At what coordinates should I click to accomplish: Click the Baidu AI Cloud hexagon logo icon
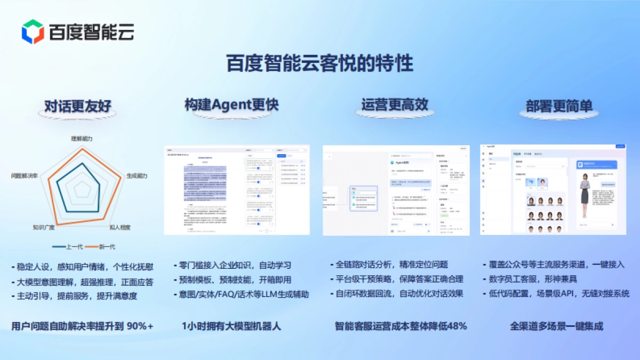click(x=33, y=31)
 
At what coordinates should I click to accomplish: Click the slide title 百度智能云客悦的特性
click(x=319, y=64)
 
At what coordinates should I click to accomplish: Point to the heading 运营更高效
click(x=394, y=105)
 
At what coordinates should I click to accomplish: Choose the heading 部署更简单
click(x=556, y=106)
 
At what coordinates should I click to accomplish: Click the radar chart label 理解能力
click(x=82, y=138)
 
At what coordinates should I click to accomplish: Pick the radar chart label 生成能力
click(x=137, y=175)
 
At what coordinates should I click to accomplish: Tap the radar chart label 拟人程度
click(x=119, y=227)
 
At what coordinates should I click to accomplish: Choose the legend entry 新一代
click(x=105, y=246)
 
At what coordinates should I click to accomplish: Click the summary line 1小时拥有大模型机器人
click(x=231, y=326)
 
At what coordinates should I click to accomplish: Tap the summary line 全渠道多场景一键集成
click(x=556, y=326)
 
